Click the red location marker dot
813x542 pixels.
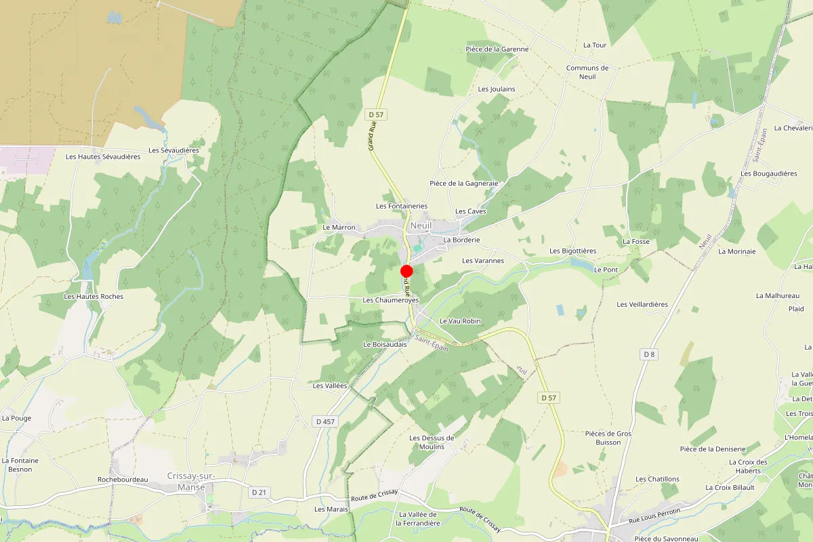407,271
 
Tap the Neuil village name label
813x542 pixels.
421,226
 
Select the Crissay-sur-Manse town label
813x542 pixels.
191,481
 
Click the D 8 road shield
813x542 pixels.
649,354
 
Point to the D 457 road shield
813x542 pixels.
325,421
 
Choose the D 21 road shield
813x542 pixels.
257,492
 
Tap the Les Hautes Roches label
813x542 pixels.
93,296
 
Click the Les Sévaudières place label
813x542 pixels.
174,150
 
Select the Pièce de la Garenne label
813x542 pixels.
497,49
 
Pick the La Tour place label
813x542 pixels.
595,45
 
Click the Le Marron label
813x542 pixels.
339,227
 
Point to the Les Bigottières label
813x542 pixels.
572,251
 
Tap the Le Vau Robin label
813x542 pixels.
460,320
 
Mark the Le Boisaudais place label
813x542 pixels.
385,344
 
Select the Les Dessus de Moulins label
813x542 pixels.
432,442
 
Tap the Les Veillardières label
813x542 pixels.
642,304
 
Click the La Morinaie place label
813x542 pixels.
736,251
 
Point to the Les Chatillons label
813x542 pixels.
657,479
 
